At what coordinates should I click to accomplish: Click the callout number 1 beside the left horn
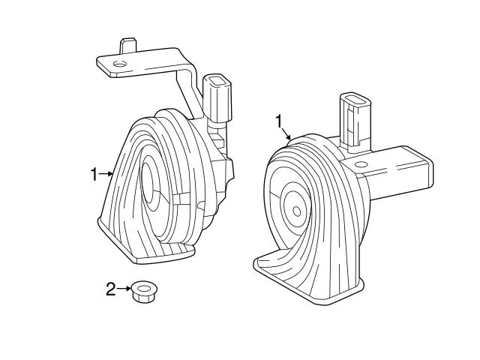94,175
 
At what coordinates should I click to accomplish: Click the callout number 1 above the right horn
280,120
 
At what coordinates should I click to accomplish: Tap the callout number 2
110,289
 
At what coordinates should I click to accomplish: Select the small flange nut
142,291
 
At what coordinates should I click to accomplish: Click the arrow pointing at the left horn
106,175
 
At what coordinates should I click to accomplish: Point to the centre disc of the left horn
150,184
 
